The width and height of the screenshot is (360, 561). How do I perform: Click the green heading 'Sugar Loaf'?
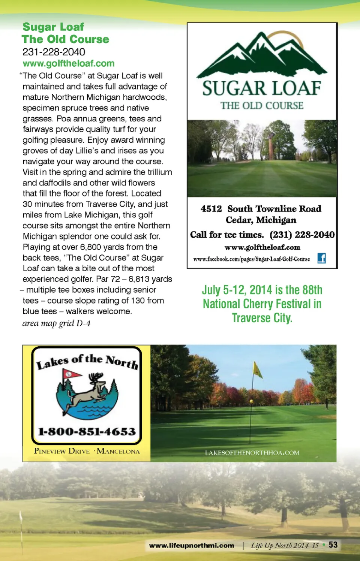(x=53, y=27)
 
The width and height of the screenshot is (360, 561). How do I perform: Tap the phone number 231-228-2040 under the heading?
(x=54, y=52)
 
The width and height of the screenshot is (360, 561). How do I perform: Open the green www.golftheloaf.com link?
(x=68, y=63)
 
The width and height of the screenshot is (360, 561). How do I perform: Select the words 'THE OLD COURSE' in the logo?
(x=262, y=106)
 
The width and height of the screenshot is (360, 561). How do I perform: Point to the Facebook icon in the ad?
(x=321, y=258)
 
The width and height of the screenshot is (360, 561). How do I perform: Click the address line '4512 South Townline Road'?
(x=261, y=209)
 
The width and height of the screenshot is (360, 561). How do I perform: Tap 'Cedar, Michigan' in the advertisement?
(x=261, y=220)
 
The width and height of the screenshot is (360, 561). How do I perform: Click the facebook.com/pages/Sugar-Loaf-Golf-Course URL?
(x=252, y=259)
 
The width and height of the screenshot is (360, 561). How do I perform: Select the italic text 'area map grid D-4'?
(x=56, y=323)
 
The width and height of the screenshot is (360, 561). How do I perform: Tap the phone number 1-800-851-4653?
(x=87, y=431)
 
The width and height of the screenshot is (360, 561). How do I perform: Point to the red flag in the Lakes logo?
(x=71, y=374)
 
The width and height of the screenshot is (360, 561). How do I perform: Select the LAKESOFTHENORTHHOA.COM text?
(x=252, y=453)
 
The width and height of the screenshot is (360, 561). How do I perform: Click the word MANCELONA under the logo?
(x=118, y=451)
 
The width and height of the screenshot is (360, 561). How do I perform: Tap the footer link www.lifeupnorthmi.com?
(x=192, y=546)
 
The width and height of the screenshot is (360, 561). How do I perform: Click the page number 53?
(x=333, y=545)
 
